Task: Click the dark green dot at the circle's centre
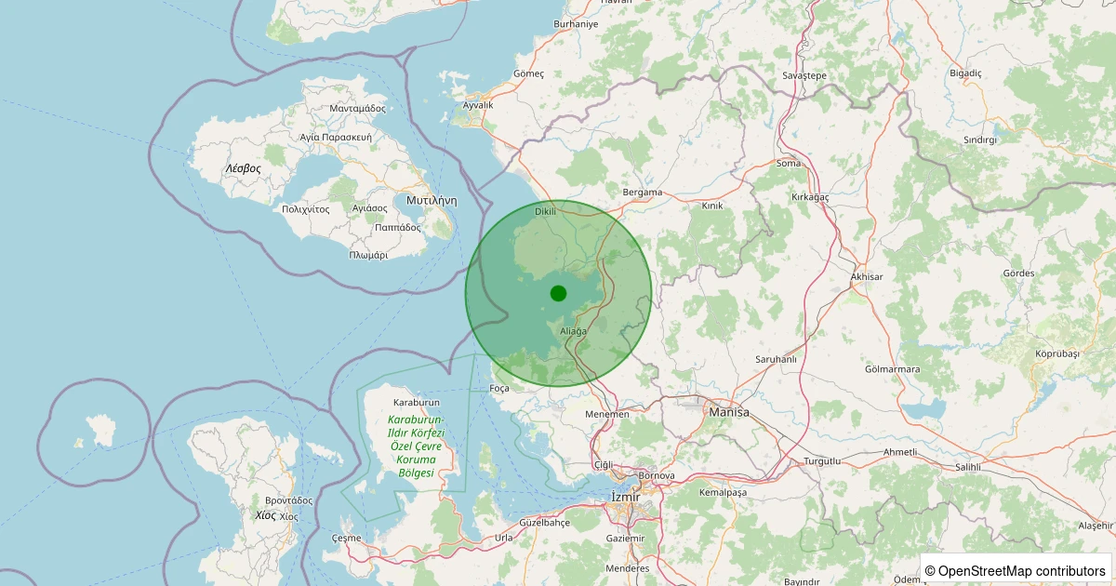pyautogui.click(x=558, y=294)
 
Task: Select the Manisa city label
pyautogui.click(x=728, y=411)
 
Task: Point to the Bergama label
pyautogui.click(x=642, y=193)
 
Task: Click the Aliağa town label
pyautogui.click(x=574, y=331)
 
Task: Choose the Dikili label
pyautogui.click(x=545, y=211)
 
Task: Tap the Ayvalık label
pyautogui.click(x=478, y=105)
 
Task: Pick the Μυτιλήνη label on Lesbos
pyautogui.click(x=432, y=200)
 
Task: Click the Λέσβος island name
pyautogui.click(x=243, y=168)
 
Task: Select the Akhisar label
pyautogui.click(x=867, y=277)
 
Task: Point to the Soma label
pyautogui.click(x=788, y=164)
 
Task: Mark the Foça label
pyautogui.click(x=499, y=388)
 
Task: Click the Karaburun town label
pyautogui.click(x=416, y=403)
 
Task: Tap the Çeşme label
pyautogui.click(x=346, y=538)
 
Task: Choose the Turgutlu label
pyautogui.click(x=822, y=461)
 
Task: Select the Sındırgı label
pyautogui.click(x=980, y=140)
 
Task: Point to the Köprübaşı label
pyautogui.click(x=1057, y=353)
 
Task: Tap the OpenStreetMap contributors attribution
pyautogui.click(x=1015, y=570)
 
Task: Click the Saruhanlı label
pyautogui.click(x=777, y=359)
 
